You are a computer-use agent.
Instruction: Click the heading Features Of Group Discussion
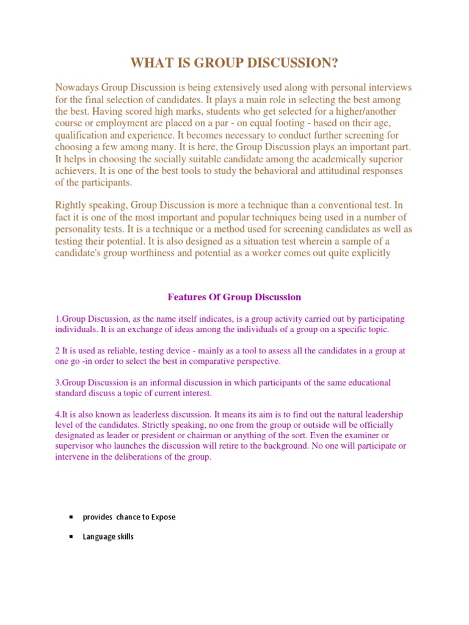click(234, 297)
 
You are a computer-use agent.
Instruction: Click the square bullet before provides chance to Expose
click(71, 517)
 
